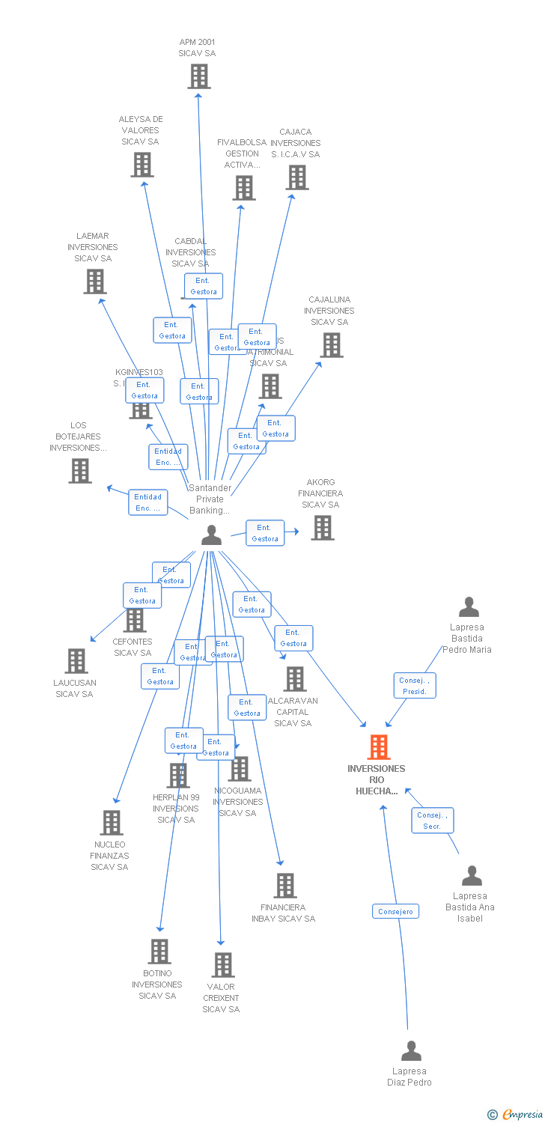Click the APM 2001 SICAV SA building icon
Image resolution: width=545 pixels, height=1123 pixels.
198,76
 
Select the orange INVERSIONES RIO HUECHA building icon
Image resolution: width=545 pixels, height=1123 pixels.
379,747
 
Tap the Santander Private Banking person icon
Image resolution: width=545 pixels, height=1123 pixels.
212,535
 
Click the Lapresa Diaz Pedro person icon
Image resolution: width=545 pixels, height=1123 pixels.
411,1051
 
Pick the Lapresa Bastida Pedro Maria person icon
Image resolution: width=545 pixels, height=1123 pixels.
469,607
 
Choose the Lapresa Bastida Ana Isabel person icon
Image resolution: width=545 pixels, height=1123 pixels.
472,876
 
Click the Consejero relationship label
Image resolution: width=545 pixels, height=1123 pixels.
395,911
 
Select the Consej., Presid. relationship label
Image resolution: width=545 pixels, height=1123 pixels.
415,686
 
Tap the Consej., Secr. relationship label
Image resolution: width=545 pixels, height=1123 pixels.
432,821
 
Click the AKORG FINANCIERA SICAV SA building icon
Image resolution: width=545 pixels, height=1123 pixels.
323,528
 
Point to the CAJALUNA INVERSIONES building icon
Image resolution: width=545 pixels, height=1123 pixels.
332,345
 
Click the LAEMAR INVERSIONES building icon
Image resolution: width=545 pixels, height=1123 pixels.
94,281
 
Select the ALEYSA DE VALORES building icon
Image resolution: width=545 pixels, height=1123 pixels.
142,165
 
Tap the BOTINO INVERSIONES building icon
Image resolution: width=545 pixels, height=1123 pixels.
159,952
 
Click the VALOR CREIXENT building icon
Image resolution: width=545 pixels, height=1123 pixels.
222,965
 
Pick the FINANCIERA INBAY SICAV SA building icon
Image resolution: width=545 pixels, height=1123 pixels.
284,886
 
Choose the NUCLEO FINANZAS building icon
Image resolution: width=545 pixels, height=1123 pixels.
111,823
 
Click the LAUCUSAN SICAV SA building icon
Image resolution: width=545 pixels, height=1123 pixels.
76,661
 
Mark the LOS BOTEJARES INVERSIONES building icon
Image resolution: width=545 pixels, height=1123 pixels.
80,471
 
